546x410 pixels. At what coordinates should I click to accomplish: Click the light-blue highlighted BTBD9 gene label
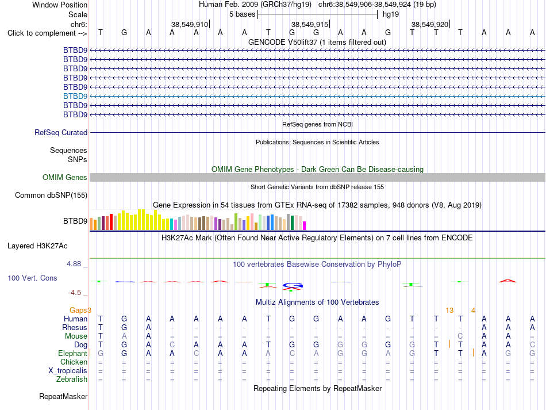(x=75, y=96)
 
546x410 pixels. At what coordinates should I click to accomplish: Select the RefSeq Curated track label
(x=61, y=132)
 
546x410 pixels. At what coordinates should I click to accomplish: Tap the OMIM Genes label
(x=65, y=177)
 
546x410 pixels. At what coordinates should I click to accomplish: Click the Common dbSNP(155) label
(x=51, y=195)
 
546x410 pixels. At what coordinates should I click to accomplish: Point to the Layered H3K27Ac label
(x=37, y=246)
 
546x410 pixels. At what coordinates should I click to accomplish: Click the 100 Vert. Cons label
(x=32, y=278)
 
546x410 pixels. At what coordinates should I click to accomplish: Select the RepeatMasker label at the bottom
(x=63, y=396)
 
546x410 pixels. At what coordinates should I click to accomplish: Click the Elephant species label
(x=72, y=353)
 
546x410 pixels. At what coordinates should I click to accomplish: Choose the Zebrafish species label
(x=72, y=379)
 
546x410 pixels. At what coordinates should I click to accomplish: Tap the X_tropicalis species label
(x=68, y=371)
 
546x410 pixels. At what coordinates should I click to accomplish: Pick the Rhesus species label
(x=75, y=327)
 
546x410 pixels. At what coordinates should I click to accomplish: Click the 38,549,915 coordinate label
(x=310, y=24)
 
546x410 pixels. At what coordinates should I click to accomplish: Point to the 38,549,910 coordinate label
(x=190, y=24)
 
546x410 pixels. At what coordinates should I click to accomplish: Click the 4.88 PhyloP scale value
(x=74, y=264)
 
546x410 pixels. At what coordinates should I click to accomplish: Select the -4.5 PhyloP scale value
(x=75, y=293)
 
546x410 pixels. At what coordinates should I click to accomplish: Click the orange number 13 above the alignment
(x=449, y=310)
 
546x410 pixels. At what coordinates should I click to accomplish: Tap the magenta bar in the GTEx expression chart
(x=305, y=226)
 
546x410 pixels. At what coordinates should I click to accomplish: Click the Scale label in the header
(x=78, y=14)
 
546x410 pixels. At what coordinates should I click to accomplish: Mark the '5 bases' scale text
(x=243, y=14)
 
